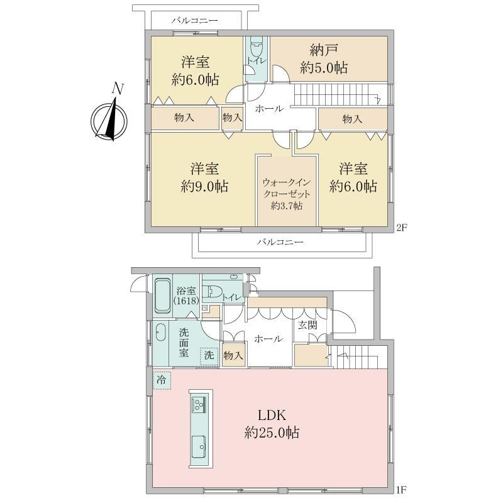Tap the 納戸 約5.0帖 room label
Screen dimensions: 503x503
tap(324, 59)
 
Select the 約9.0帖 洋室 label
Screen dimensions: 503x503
tap(204, 178)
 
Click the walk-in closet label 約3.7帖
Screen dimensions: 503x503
tap(287, 206)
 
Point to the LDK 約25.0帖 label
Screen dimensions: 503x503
tap(272, 424)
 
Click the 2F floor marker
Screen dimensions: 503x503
tap(402, 228)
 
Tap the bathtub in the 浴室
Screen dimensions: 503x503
tap(163, 296)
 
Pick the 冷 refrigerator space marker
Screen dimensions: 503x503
tap(162, 380)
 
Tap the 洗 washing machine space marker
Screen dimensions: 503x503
tap(209, 356)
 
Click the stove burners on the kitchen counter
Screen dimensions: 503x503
tap(199, 404)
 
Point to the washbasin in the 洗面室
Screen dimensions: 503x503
tap(160, 333)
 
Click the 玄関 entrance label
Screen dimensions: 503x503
tap(307, 325)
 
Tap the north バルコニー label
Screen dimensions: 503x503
tap(194, 21)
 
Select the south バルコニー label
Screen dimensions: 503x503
tap(280, 242)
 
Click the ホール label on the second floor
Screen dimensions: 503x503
tap(270, 109)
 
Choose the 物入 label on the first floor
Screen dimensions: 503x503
tap(233, 355)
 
